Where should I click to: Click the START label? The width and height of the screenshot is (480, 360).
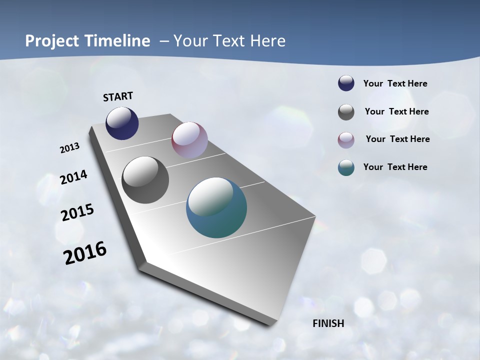[x=118, y=96]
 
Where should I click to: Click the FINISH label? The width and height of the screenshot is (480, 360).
[x=328, y=323]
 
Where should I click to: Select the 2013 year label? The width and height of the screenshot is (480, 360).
[x=70, y=147]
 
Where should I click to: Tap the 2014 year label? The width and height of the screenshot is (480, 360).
[x=74, y=177]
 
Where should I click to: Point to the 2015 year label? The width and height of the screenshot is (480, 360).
[x=77, y=212]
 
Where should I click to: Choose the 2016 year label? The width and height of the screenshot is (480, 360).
[x=85, y=252]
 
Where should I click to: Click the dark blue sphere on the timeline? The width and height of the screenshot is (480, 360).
[x=122, y=123]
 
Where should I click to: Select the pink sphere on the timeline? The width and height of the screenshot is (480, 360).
[x=189, y=140]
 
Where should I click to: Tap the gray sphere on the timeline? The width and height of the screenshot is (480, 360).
[x=145, y=180]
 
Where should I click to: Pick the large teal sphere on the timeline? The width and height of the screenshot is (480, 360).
[x=216, y=207]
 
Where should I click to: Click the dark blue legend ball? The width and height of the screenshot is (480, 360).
[x=346, y=83]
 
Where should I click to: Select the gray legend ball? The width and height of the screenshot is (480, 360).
[x=346, y=112]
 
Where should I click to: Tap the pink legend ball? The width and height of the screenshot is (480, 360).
[x=346, y=140]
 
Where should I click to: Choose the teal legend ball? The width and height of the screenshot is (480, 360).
[x=346, y=167]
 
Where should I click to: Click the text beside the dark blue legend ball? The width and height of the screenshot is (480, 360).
[x=395, y=84]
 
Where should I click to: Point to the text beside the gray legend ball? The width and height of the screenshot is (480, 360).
[x=396, y=111]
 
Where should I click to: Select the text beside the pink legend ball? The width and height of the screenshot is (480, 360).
[x=397, y=139]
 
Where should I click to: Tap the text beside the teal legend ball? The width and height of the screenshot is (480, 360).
[x=395, y=167]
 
